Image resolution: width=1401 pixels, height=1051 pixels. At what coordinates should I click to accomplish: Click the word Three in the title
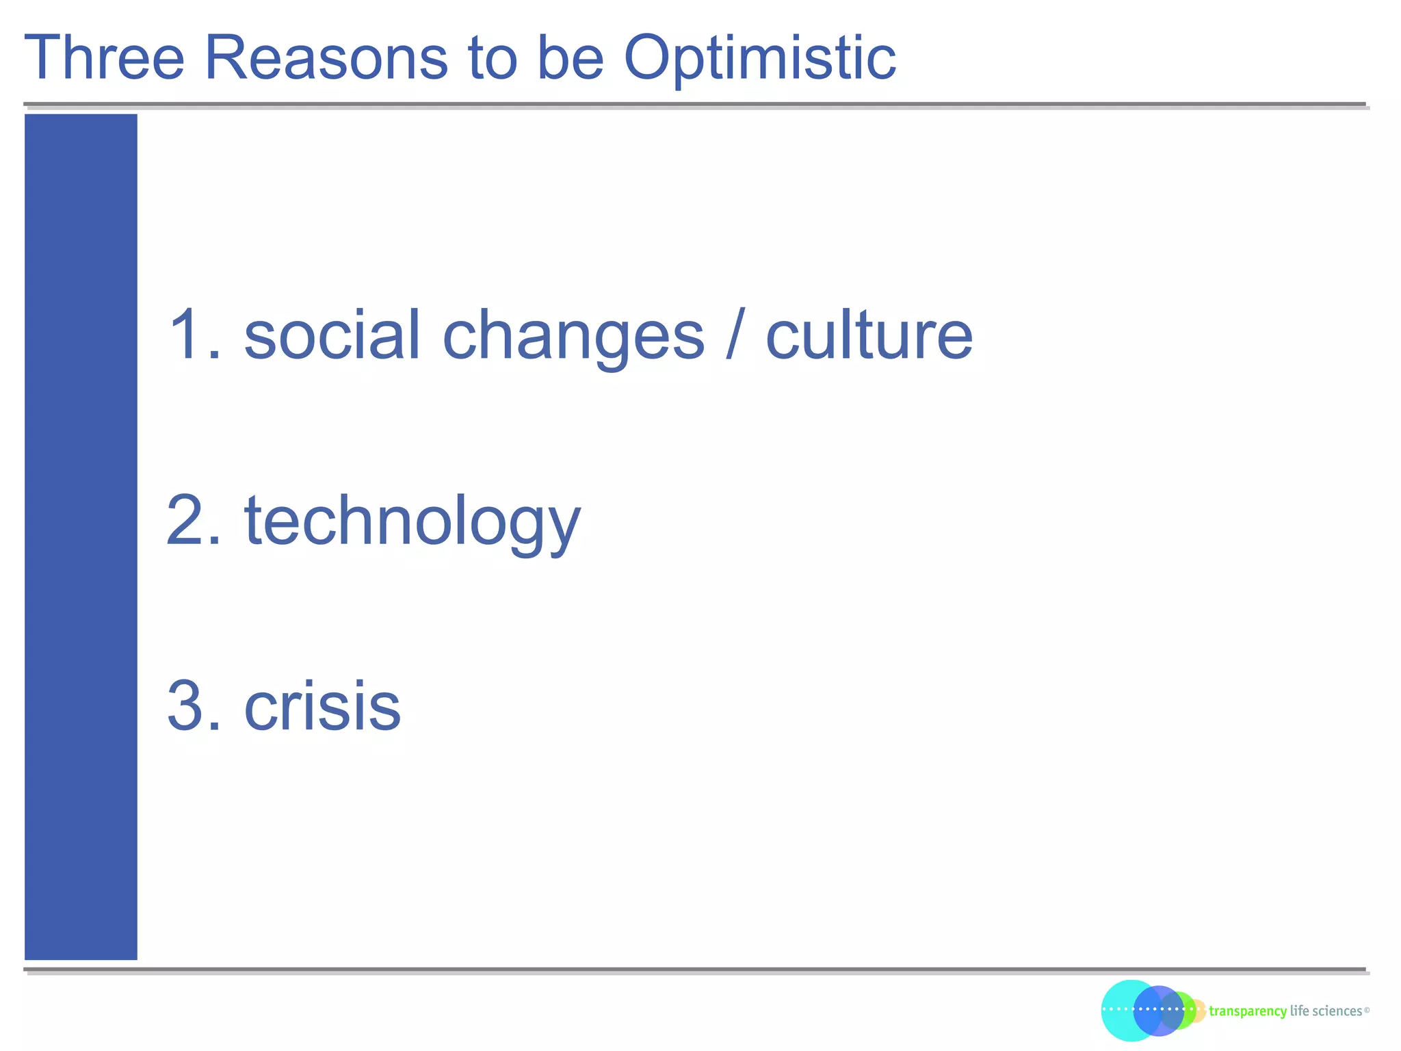tap(105, 58)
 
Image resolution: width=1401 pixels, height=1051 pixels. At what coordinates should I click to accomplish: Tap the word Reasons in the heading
tap(326, 58)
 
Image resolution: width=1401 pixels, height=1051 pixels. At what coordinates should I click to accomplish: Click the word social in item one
tap(332, 335)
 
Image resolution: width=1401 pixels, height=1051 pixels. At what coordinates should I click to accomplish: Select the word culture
tap(868, 335)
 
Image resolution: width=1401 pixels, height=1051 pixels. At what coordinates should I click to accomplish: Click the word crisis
tap(322, 706)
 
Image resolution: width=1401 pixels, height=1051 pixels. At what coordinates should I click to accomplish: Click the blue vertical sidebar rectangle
tap(81, 536)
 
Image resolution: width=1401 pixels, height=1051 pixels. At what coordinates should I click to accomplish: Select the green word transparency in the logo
tap(1247, 1011)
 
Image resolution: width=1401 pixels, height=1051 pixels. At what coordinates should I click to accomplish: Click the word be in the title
tap(570, 58)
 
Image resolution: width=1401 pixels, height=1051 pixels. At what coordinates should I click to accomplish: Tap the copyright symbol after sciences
tap(1366, 1010)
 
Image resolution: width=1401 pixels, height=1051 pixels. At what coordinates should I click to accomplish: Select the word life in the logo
tap(1299, 1011)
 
